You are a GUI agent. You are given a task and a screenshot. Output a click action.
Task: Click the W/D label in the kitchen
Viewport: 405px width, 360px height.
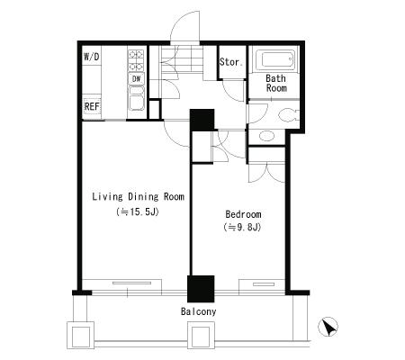(92, 57)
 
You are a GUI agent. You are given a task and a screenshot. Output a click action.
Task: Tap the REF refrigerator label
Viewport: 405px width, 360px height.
(92, 106)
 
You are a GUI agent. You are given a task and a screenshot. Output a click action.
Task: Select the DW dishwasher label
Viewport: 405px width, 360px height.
(136, 79)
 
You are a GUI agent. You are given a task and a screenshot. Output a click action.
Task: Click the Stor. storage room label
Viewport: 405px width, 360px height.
(231, 62)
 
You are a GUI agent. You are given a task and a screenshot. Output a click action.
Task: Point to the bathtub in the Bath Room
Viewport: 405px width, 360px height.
(277, 59)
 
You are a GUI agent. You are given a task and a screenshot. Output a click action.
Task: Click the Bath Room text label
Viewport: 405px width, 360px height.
(276, 84)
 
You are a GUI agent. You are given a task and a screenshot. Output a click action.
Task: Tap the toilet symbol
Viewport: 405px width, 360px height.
(289, 115)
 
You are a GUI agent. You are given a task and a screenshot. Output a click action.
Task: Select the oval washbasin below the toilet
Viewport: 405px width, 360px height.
(266, 136)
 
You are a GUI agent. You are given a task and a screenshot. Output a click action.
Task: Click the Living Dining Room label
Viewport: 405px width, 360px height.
(138, 197)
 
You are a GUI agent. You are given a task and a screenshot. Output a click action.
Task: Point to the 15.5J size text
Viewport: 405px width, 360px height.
(138, 212)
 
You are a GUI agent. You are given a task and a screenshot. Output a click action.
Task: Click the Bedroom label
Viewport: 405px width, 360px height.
(243, 214)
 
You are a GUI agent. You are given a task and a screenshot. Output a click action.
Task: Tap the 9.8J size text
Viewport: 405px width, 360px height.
(242, 227)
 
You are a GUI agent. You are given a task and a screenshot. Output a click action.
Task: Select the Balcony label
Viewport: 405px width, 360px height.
(198, 311)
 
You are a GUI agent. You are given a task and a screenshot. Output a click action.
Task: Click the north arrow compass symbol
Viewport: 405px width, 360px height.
(328, 327)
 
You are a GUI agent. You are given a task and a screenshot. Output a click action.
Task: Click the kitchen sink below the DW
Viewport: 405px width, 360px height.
(137, 98)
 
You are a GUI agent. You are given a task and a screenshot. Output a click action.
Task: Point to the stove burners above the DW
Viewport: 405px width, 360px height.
(136, 60)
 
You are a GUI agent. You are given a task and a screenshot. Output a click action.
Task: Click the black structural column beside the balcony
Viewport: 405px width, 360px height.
(201, 289)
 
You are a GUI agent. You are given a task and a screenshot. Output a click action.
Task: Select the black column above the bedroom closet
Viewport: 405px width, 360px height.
(202, 120)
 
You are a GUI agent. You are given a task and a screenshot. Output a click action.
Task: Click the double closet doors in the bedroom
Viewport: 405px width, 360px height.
(266, 173)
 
